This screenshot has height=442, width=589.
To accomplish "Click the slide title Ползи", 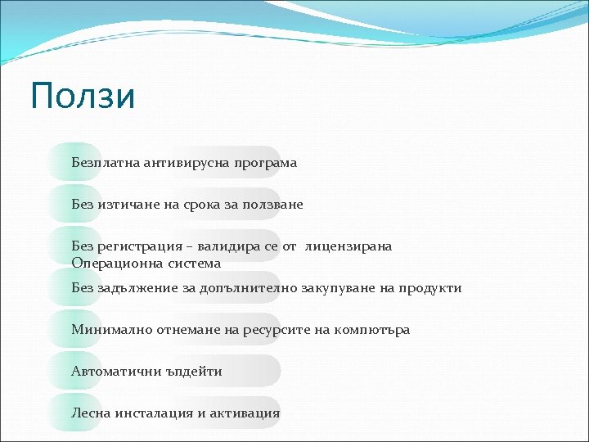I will [x=83, y=97].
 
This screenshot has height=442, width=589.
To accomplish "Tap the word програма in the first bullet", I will [x=265, y=164].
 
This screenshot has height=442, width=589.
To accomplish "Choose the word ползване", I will [x=272, y=205].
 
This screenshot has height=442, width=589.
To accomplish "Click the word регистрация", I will [x=138, y=246].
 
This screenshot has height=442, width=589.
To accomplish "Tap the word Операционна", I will [x=114, y=264].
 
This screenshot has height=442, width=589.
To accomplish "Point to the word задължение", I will [x=140, y=288].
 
